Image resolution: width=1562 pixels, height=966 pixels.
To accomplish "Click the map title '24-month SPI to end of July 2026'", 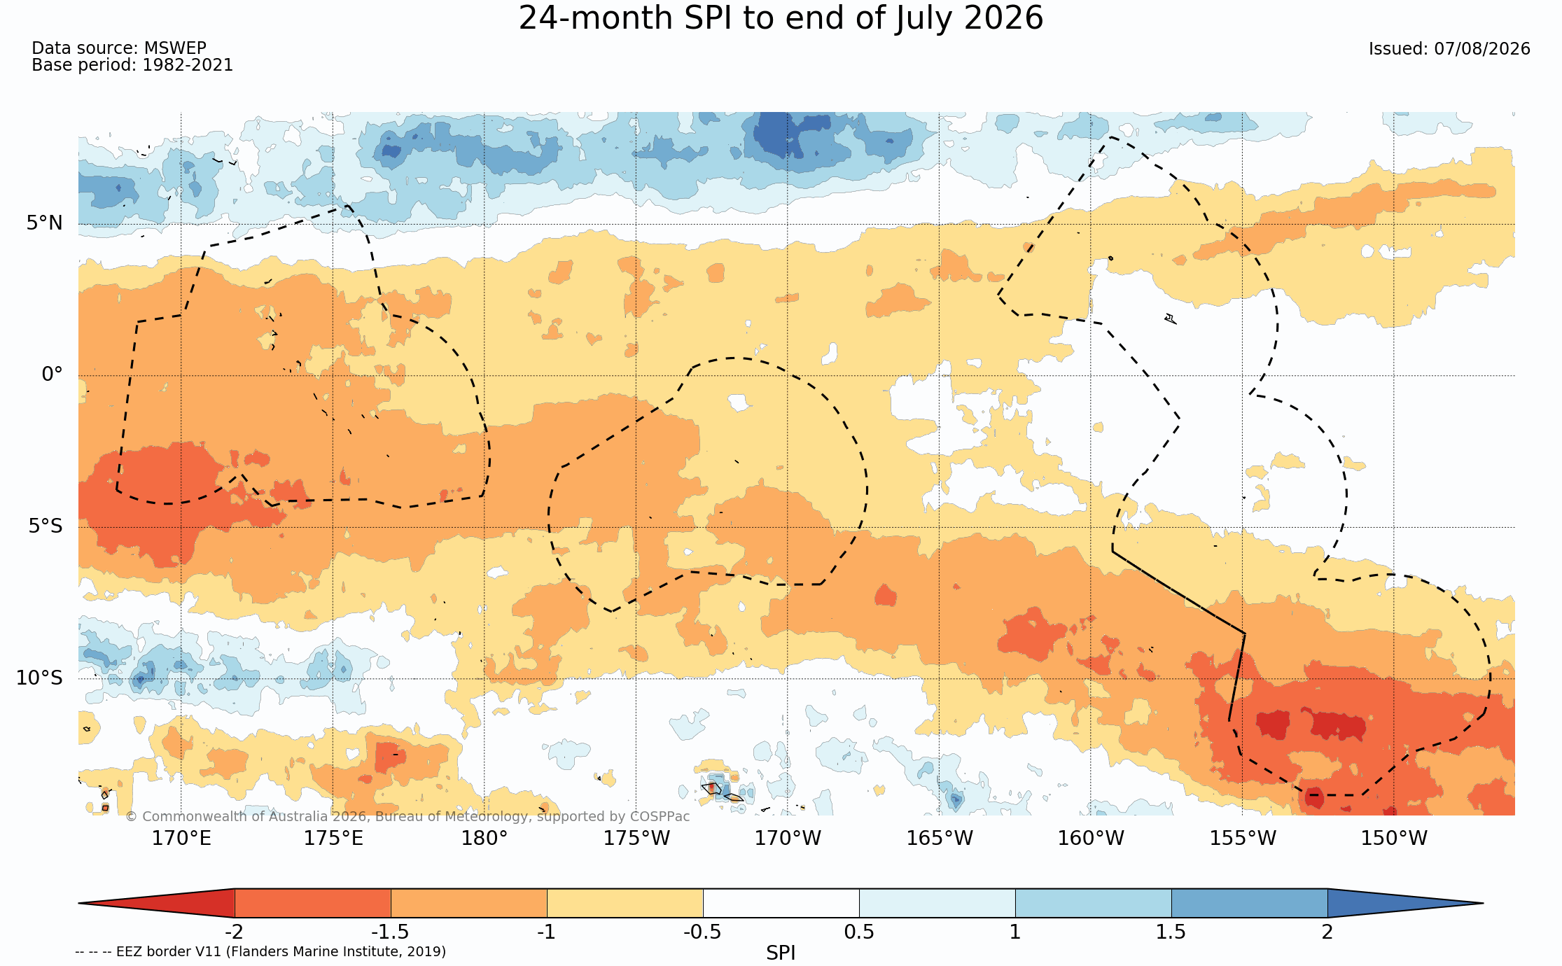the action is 781,18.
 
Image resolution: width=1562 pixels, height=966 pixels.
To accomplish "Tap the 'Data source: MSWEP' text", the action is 119,48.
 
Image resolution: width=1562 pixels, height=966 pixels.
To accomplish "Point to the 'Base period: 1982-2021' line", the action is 132,65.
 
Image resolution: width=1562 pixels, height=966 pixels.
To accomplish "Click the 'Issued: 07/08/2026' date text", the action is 1449,49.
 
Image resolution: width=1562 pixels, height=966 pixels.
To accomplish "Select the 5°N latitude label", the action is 45,223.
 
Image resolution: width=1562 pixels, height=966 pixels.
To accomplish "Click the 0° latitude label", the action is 53,374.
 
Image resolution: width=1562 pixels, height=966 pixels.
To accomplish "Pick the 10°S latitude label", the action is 40,678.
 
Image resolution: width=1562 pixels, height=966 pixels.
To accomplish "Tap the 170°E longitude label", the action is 181,838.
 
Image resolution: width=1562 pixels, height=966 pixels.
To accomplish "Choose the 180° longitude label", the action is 484,838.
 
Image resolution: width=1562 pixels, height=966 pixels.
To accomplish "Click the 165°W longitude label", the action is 940,838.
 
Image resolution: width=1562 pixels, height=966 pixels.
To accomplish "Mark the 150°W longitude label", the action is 1394,838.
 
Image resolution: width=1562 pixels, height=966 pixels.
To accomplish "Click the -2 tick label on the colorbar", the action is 234,932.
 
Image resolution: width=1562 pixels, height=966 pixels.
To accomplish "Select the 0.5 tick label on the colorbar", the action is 859,932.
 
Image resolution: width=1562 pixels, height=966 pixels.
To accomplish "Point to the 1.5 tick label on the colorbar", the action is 1171,932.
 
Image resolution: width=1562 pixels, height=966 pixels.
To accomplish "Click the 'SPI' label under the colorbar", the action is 781,953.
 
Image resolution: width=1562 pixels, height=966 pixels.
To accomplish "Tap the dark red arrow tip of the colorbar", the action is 80,903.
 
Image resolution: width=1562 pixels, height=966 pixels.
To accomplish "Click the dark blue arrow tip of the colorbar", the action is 1482,903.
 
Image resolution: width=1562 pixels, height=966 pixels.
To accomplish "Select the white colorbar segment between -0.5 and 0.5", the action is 781,903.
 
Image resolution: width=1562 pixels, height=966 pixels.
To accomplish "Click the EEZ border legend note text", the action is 260,951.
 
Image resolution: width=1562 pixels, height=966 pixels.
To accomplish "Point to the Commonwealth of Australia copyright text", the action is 407,816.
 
